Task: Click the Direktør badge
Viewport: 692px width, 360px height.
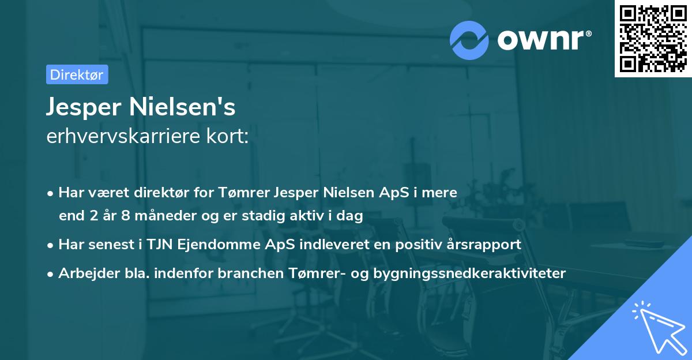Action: click(77, 74)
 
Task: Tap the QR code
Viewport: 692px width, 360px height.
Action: click(653, 39)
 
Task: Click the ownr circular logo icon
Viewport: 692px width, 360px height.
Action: click(469, 40)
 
